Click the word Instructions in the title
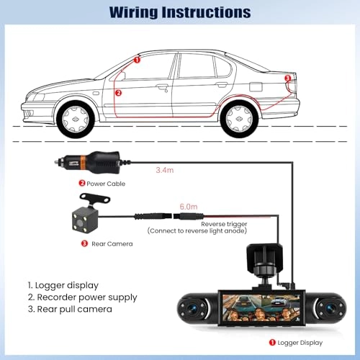[x=210, y=12]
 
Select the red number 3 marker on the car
[x=289, y=78]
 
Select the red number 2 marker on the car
[x=119, y=92]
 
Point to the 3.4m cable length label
[x=166, y=172]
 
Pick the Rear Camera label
[x=112, y=243]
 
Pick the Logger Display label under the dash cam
[x=300, y=343]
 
